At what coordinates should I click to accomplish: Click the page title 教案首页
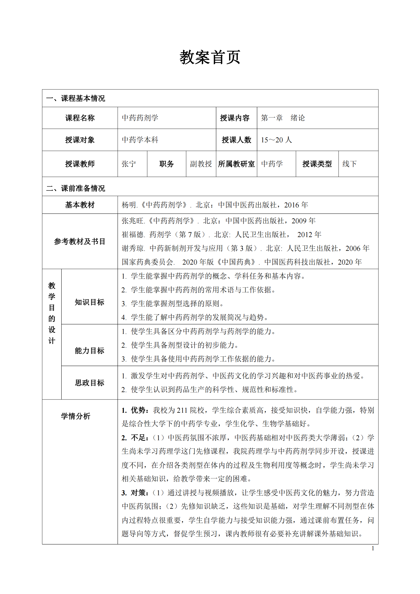point(210,57)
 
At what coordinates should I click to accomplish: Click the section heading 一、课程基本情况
point(76,98)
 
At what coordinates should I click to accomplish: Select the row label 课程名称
point(80,118)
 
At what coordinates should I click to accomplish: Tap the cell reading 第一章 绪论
point(283,118)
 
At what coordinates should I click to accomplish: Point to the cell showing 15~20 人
point(276,140)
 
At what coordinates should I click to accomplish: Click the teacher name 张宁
point(129,164)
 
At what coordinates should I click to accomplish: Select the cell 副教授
point(201,164)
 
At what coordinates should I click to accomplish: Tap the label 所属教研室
point(236,164)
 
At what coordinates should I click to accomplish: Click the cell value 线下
point(349,164)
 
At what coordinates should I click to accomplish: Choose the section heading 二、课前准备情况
point(76,188)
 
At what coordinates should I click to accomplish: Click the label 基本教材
point(80,205)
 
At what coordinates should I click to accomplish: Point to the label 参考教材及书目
point(80,241)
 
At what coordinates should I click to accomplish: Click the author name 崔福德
point(133,235)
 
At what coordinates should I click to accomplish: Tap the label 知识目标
point(89,302)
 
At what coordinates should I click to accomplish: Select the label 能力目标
point(89,351)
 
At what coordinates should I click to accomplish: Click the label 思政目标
point(89,383)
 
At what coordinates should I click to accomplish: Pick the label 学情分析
point(76,416)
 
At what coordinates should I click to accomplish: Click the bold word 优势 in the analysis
point(138,410)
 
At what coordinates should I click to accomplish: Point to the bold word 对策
point(138,493)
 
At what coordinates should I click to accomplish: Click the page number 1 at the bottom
point(373,548)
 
